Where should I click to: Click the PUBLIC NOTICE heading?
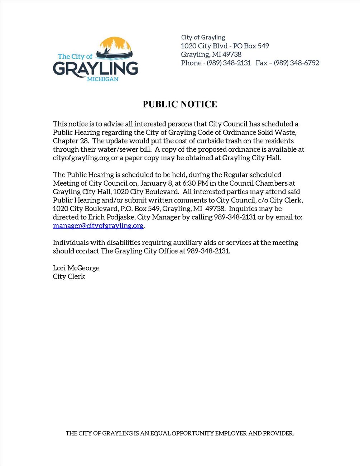[x=180, y=104]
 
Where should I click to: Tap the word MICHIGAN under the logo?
[x=102, y=79]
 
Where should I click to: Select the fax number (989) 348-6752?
[x=296, y=63]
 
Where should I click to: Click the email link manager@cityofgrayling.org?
[x=98, y=225]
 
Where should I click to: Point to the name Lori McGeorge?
[x=76, y=268]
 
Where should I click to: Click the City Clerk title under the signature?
[x=69, y=276]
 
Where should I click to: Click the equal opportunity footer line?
[x=180, y=433]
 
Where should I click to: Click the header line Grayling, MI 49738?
[x=211, y=54]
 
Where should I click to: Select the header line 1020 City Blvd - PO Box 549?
[x=225, y=46]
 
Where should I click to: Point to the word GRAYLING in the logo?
[x=96, y=68]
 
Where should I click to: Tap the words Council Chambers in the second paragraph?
[x=258, y=183]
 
